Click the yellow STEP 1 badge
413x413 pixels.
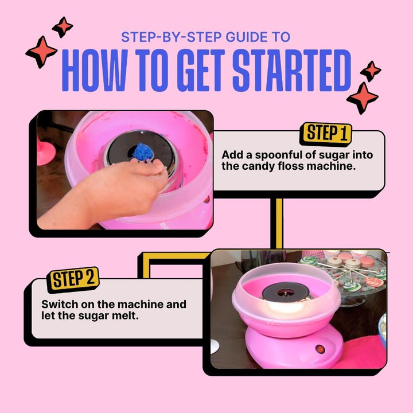click(x=326, y=133)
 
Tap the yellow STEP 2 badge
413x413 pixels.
click(x=73, y=279)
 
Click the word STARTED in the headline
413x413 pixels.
click(x=291, y=71)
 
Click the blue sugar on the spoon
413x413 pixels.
click(x=143, y=151)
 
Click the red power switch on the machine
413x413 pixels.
click(x=320, y=349)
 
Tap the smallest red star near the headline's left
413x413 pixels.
click(x=63, y=26)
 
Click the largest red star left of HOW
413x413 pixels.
click(x=41, y=52)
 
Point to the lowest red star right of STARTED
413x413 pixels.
click(x=363, y=98)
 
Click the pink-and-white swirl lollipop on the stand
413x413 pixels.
click(x=375, y=282)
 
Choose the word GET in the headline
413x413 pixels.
click(x=200, y=71)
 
